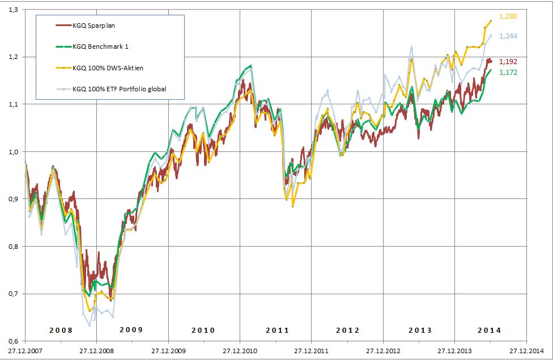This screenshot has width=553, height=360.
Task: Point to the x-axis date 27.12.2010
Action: coord(240,351)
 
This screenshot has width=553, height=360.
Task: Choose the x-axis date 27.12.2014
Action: coord(526,351)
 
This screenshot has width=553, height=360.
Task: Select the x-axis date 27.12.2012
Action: coord(383,351)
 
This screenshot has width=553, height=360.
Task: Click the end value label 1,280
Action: coord(508,17)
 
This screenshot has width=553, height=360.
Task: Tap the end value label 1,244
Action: coord(508,36)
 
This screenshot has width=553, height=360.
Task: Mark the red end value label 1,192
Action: coord(508,61)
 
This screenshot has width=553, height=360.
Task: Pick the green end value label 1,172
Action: coord(508,72)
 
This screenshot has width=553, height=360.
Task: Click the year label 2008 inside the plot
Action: coord(61,330)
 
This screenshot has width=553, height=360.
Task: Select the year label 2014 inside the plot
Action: coord(489,330)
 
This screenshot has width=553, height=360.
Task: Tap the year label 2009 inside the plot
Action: coord(131,330)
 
